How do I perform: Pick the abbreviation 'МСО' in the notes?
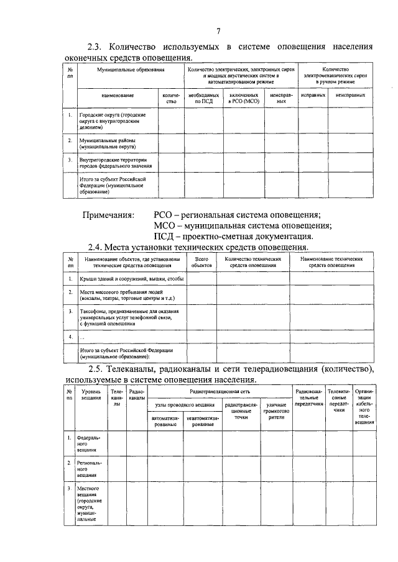166,226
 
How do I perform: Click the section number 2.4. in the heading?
98,248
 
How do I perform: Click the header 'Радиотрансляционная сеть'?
220,392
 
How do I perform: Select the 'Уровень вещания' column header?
91,396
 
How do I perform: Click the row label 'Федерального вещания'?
87,443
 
